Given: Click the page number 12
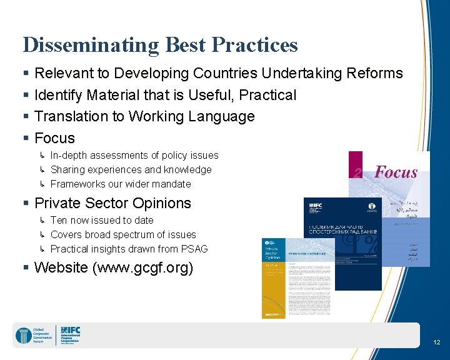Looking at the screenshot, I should pyautogui.click(x=436, y=342).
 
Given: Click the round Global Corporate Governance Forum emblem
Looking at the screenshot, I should pyautogui.click(x=23, y=335).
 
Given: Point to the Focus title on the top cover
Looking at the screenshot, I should pyautogui.click(x=395, y=172).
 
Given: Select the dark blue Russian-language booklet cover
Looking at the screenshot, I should pyautogui.click(x=342, y=244).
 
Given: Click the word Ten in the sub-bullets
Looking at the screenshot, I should pyautogui.click(x=59, y=220).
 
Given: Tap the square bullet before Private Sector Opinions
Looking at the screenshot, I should pyautogui.click(x=26, y=204).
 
